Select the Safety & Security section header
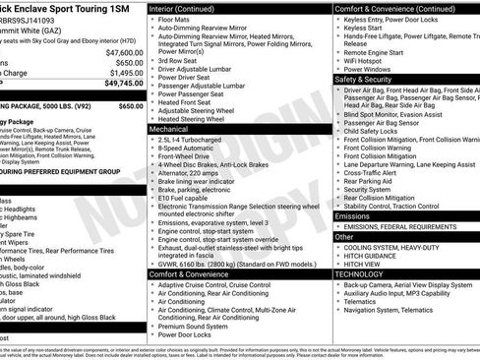(368, 79)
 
